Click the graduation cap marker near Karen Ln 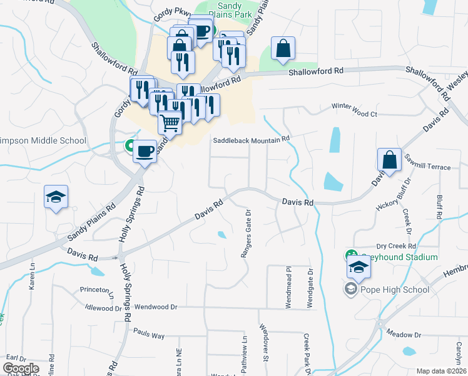pos(56,197)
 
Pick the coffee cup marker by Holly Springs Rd pos(145,151)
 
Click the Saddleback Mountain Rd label pos(252,140)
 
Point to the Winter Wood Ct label pos(355,114)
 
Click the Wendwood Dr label pos(157,308)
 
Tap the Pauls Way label pos(149,336)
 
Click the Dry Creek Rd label pos(397,247)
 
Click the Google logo pos(21,368)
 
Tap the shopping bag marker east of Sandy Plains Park pos(283,49)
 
